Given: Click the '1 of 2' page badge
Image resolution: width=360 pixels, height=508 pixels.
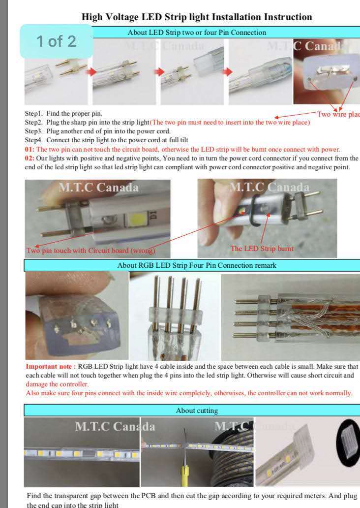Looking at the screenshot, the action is coord(57,41).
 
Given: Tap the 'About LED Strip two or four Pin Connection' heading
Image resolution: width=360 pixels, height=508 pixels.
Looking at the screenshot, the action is coord(197,32).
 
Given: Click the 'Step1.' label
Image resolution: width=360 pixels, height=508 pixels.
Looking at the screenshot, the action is coord(33,113).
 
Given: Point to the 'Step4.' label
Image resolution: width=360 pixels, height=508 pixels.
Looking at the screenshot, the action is coord(33,140).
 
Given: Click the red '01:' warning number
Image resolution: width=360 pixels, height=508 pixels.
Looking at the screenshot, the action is coord(30,149).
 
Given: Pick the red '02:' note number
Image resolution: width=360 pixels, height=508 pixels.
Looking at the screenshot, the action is coord(30,159).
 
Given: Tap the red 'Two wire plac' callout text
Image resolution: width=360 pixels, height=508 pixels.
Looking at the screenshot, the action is coord(338,114).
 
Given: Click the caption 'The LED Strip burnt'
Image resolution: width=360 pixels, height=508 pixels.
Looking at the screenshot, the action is coord(262,249).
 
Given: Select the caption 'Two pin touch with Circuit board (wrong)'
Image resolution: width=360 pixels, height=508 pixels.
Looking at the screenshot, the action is coord(91,251).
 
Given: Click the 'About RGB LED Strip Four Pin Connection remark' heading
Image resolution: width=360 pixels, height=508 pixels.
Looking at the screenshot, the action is coord(197,265).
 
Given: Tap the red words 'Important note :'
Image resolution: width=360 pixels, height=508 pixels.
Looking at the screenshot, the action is coord(51,366).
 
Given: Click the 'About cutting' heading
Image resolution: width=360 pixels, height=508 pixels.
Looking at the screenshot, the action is coord(197,411).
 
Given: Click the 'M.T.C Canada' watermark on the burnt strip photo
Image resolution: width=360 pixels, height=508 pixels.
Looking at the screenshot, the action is coord(270,187).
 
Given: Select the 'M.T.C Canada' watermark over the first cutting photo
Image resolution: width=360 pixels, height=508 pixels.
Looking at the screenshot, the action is coord(115,426).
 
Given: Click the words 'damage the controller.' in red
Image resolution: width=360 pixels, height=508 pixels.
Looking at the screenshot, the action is coord(57,384).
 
